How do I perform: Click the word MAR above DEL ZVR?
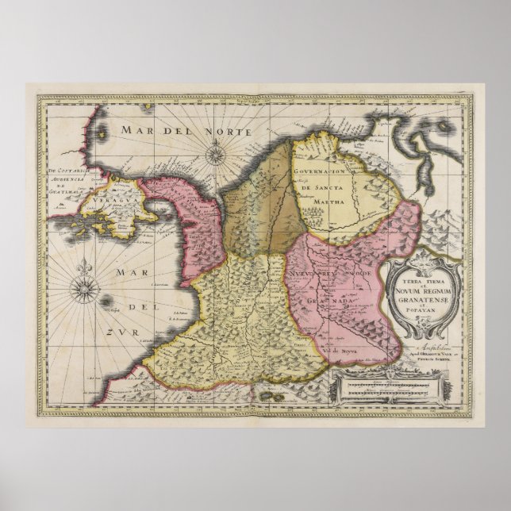coord(126,271)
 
